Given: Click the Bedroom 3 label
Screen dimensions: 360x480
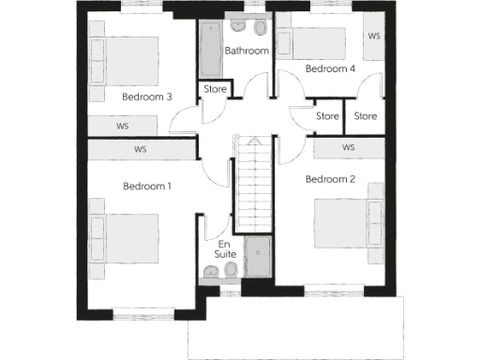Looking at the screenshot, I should click(146, 97).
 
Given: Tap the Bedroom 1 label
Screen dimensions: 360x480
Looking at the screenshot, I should click(147, 186).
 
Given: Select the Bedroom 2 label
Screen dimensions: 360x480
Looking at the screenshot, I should click(330, 179).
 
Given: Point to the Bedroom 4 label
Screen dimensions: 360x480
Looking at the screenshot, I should click(330, 69).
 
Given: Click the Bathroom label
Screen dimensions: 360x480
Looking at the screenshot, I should click(247, 51).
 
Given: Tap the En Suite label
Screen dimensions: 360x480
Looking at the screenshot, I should click(225, 248).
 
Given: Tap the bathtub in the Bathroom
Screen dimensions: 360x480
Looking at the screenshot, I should click(209, 52).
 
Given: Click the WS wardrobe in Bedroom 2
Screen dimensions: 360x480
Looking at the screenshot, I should click(349, 148).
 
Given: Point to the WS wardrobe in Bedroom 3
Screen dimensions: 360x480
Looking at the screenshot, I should click(124, 125).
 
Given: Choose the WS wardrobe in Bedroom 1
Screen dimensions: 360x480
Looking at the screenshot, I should click(141, 149).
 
